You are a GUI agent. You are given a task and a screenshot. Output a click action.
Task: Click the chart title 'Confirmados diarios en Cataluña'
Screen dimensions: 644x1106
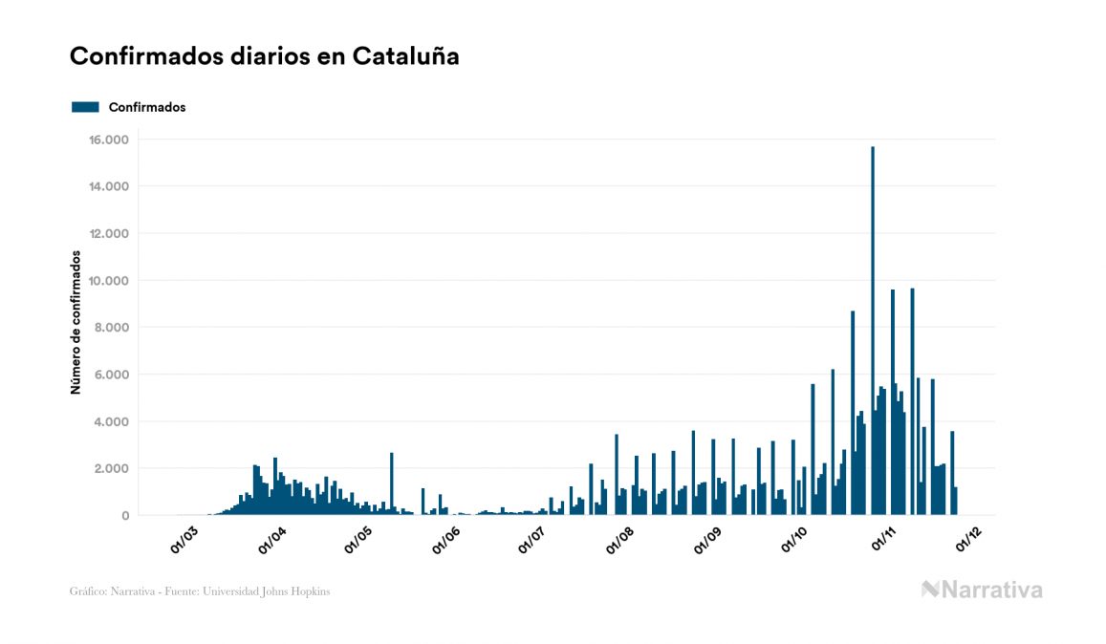tap(265, 56)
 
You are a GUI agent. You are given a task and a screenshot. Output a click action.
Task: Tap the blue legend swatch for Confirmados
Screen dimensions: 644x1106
tap(85, 107)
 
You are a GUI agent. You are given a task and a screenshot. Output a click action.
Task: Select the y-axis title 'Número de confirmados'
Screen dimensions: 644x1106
tap(76, 323)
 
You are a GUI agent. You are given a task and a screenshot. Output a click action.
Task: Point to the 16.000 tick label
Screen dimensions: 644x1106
tap(108, 140)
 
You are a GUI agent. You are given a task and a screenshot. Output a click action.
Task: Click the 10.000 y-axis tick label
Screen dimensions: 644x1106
tap(108, 281)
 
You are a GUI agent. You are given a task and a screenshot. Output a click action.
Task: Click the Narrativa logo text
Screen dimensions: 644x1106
tap(982, 590)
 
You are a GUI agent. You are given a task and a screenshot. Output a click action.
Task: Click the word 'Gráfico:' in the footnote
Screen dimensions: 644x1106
tap(88, 591)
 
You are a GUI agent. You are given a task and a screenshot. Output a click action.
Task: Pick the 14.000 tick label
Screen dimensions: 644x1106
tap(108, 187)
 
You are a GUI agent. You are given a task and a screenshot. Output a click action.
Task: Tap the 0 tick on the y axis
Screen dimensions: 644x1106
tap(124, 516)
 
